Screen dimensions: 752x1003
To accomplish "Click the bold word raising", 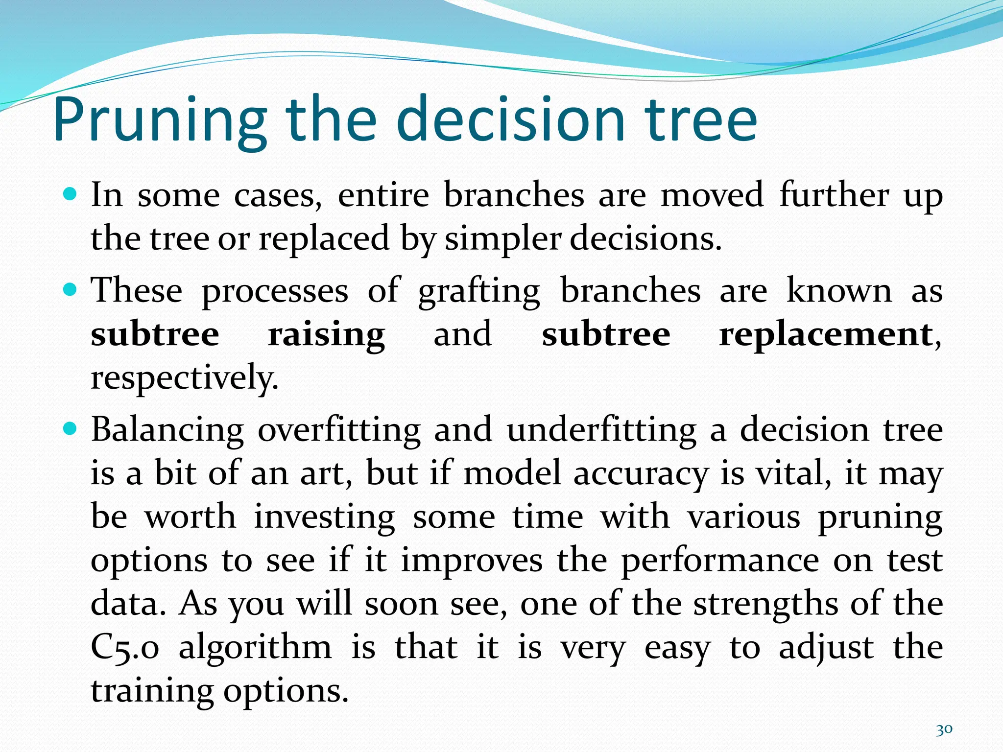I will (x=326, y=335).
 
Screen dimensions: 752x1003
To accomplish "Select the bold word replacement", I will (x=826, y=335).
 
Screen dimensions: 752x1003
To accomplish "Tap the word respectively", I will (x=184, y=378).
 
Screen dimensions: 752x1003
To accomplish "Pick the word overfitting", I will (x=339, y=430).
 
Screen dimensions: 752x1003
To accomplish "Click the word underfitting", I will (x=601, y=430).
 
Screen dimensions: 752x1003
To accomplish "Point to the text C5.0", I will (x=125, y=647).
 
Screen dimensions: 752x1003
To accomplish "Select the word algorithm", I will (x=255, y=647).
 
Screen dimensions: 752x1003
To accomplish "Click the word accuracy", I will (x=641, y=474).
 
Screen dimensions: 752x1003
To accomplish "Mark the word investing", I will (x=324, y=517).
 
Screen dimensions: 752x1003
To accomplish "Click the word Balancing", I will (x=167, y=430).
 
